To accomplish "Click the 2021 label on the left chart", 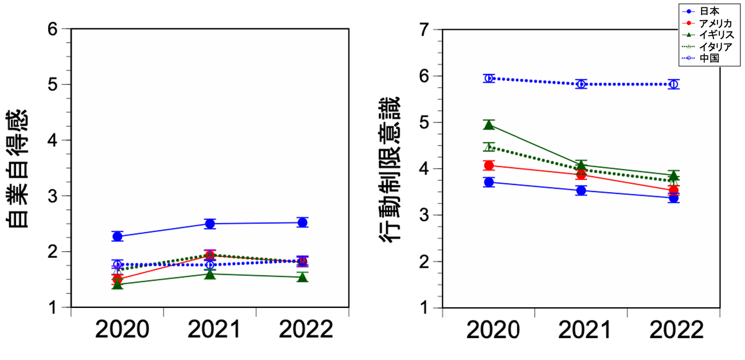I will point(210,330).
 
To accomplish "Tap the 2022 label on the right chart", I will point(673,330).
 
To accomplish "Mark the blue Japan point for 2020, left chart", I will point(117,236).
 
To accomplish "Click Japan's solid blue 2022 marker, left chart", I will point(302,222).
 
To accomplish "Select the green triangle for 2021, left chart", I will point(210,274).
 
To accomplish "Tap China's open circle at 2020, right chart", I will point(489,78).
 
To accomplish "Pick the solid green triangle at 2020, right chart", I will point(489,124).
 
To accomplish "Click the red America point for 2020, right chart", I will point(489,166).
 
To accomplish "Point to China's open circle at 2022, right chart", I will point(673,84).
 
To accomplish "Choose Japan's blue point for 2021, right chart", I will point(581,191).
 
